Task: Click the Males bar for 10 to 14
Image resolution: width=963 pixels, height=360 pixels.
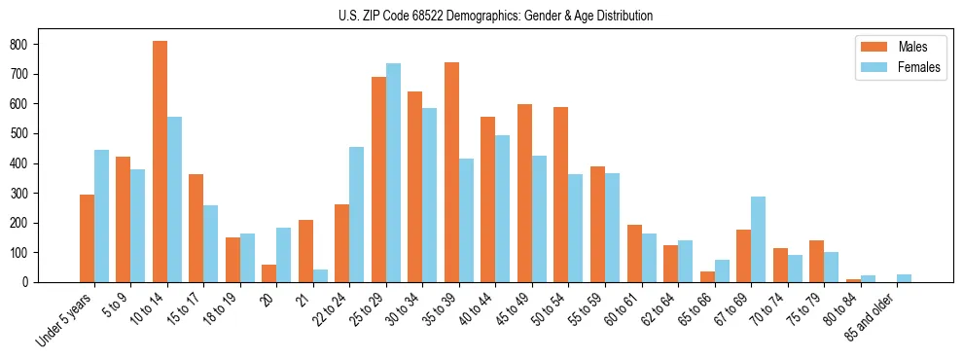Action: [x=160, y=162]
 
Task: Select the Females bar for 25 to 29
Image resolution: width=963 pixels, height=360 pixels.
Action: [x=393, y=173]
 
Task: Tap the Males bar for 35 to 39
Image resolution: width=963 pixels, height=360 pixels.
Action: [x=451, y=172]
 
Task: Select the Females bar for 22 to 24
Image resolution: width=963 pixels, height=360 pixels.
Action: [x=357, y=215]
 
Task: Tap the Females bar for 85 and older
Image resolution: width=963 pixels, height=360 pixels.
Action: [x=904, y=278]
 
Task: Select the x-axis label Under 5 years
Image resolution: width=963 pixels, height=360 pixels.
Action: [x=66, y=320]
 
